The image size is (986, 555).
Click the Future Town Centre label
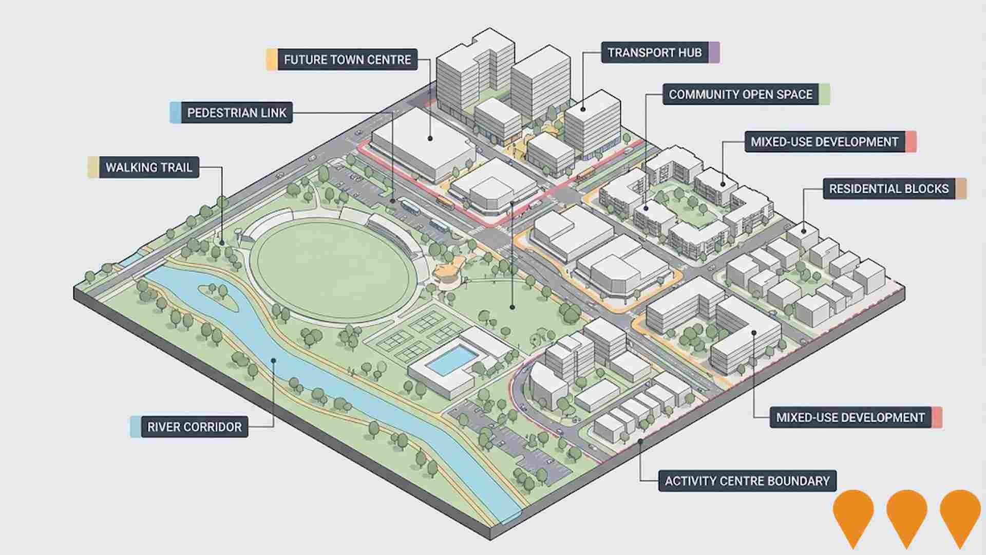pyautogui.click(x=347, y=60)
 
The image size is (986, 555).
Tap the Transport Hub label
pyautogui.click(x=654, y=52)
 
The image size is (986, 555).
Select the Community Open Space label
pyautogui.click(x=740, y=95)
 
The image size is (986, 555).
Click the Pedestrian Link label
pyautogui.click(x=236, y=113)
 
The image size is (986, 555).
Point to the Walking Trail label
pyautogui.click(x=148, y=168)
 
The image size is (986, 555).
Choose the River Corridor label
pyautogui.click(x=194, y=427)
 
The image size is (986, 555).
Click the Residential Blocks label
pyautogui.click(x=888, y=189)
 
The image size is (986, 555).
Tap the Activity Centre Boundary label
pyautogui.click(x=747, y=481)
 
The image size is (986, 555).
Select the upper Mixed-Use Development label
pyautogui.click(x=824, y=141)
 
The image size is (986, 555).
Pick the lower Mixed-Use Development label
pyautogui.click(x=850, y=417)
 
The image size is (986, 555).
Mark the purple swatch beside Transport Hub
pyautogui.click(x=714, y=52)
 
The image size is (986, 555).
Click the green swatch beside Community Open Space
pyautogui.click(x=825, y=95)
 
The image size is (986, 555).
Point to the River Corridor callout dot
pyautogui.click(x=274, y=360)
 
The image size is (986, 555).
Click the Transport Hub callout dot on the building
pyautogui.click(x=583, y=109)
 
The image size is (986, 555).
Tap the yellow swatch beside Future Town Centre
pyautogui.click(x=272, y=60)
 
